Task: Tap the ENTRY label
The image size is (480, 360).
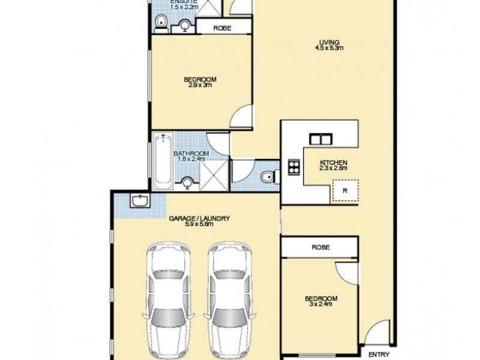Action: [378, 354]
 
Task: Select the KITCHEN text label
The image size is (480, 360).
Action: [334, 163]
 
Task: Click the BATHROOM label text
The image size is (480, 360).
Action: [191, 154]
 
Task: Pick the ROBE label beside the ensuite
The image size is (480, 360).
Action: [223, 27]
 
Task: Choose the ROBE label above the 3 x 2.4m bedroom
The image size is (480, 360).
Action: [320, 247]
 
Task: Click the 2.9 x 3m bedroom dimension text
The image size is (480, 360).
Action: [200, 85]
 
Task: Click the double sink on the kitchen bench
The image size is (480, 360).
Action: [320, 139]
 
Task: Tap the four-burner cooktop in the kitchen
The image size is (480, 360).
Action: [295, 166]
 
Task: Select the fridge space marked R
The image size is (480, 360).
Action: [345, 191]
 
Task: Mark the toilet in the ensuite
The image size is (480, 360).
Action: [160, 23]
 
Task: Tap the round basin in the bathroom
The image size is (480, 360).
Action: [187, 182]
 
